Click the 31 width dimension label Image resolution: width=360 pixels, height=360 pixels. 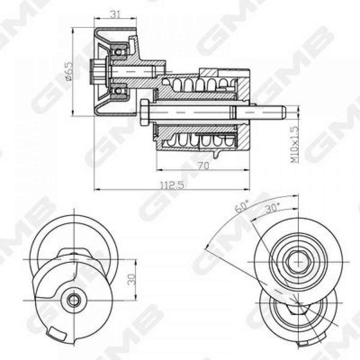click(x=116, y=14)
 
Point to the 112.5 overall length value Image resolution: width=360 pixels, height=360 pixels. click(x=172, y=185)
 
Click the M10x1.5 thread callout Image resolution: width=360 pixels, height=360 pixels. click(x=295, y=144)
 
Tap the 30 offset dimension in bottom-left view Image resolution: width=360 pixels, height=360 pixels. click(x=132, y=279)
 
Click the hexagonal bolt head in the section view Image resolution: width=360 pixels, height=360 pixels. click(x=144, y=112)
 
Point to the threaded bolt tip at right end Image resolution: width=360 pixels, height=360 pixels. click(x=283, y=112)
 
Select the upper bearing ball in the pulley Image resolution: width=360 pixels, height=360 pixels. click(x=118, y=52)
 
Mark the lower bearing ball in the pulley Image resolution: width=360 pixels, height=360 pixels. click(x=118, y=91)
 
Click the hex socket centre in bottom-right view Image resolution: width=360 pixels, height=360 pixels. click(x=298, y=261)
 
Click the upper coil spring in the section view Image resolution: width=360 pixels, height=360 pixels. click(x=199, y=84)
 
